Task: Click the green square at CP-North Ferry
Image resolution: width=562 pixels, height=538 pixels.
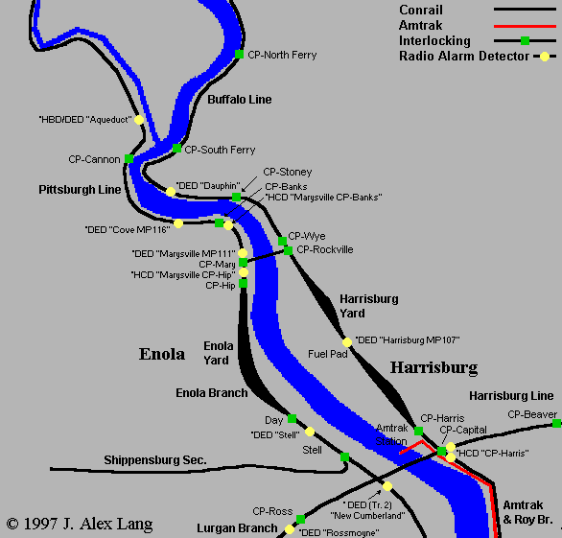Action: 239,55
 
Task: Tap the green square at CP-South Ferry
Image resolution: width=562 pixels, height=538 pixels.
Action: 176,149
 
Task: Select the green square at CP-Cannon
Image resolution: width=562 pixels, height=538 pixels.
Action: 129,159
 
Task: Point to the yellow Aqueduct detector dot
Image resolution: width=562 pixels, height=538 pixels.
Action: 139,120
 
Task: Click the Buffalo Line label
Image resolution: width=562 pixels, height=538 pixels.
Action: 239,100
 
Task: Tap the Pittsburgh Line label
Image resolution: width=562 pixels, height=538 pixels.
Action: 80,190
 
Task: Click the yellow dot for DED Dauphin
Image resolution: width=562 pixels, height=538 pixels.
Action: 171,192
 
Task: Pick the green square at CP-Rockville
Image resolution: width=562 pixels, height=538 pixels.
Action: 288,250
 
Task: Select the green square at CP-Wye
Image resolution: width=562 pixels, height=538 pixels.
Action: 282,242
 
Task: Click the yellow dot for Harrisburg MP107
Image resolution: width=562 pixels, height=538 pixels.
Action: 347,341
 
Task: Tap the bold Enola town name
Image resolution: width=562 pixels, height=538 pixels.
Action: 161,355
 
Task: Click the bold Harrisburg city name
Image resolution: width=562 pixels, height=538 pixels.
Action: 433,367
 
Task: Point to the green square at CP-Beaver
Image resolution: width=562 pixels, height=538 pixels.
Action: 556,423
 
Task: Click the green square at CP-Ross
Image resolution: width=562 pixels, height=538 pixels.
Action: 300,518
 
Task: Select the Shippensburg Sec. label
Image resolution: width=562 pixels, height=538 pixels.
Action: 155,460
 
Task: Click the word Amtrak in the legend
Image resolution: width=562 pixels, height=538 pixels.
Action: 421,26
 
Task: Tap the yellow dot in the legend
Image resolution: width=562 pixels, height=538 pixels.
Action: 545,57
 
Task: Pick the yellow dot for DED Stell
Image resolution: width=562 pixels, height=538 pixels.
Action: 310,432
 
